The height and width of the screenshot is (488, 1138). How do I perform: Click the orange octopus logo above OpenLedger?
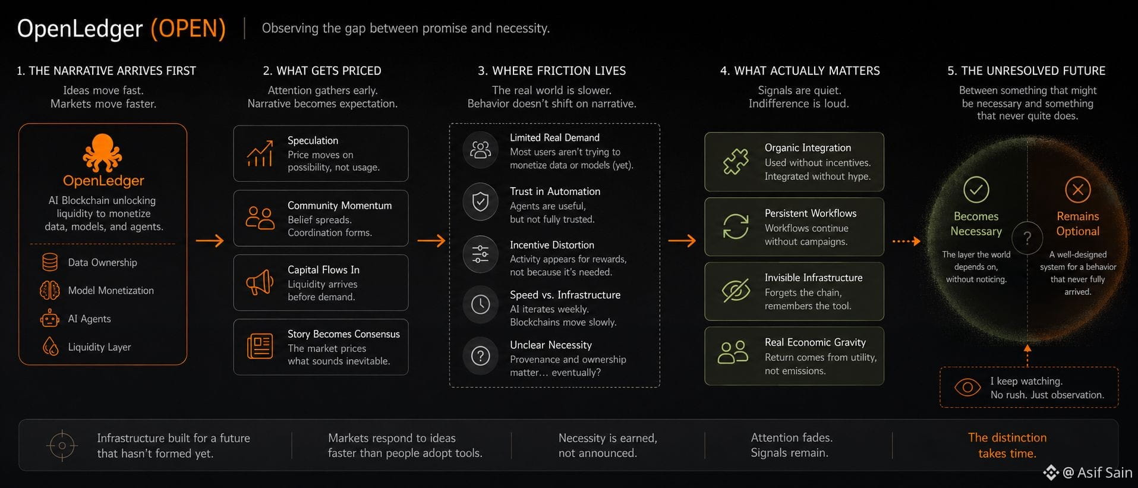[x=103, y=153]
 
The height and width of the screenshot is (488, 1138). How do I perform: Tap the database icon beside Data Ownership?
[x=50, y=262]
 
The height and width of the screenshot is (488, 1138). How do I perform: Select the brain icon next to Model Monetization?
[x=50, y=290]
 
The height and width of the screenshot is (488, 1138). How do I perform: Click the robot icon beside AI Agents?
[x=50, y=319]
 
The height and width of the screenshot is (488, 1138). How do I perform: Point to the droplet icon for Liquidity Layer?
[x=51, y=347]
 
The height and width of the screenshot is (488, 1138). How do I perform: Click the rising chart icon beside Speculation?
[x=260, y=153]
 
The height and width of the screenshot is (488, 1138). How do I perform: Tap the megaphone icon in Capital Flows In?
[x=260, y=282]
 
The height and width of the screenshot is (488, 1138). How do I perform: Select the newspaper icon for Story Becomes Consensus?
[x=260, y=347]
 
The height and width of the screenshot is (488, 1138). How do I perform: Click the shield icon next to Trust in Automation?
[x=480, y=202]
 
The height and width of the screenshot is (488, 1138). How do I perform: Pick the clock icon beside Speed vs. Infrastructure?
[x=480, y=304]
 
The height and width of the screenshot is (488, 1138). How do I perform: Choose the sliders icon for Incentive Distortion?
[x=480, y=254]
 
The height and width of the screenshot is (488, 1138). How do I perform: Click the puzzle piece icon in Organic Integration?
[x=736, y=162]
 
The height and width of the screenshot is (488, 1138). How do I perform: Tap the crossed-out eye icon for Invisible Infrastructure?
[x=736, y=291]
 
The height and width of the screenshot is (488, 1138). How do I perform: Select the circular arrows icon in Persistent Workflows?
[x=736, y=226]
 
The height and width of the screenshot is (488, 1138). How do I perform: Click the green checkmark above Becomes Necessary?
[x=976, y=190]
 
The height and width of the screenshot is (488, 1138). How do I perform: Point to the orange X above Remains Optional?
[x=1078, y=190]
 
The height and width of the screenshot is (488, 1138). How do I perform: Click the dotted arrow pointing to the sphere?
[x=906, y=241]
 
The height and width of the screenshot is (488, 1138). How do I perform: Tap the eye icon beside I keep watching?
[x=967, y=388]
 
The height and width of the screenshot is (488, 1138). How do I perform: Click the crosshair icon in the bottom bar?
[x=62, y=445]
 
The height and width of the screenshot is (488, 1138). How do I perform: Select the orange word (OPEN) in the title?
[x=188, y=29]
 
